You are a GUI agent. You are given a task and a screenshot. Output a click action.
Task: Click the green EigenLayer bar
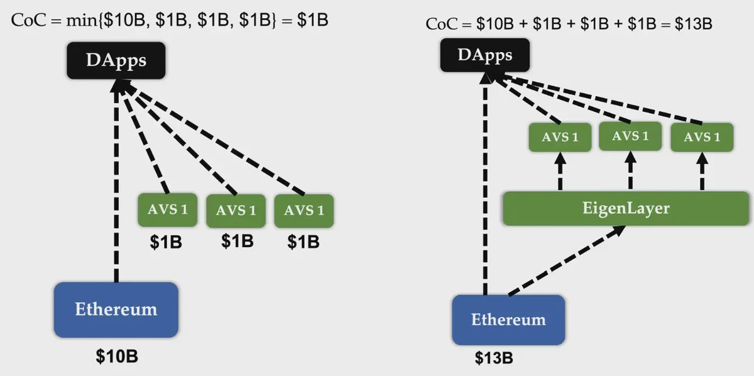[626, 208]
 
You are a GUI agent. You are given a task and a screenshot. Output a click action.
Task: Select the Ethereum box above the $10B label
[116, 309]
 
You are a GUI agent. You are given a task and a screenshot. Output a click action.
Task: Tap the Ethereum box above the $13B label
[508, 319]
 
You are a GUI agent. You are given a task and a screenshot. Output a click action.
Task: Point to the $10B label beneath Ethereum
[117, 357]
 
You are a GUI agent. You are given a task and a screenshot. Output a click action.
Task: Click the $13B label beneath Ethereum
[494, 358]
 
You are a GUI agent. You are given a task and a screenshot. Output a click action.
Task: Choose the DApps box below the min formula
[116, 61]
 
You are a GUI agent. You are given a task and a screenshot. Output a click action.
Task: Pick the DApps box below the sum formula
[485, 55]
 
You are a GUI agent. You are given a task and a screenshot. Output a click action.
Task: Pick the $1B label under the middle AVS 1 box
[237, 241]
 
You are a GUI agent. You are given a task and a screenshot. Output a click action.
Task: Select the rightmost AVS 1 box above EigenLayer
[702, 138]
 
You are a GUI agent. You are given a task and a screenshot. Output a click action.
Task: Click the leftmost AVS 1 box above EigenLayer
[560, 137]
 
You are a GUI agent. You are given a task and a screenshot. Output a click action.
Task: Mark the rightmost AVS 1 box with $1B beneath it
[303, 210]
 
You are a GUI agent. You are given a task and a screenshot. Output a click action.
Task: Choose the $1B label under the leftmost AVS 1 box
[166, 243]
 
